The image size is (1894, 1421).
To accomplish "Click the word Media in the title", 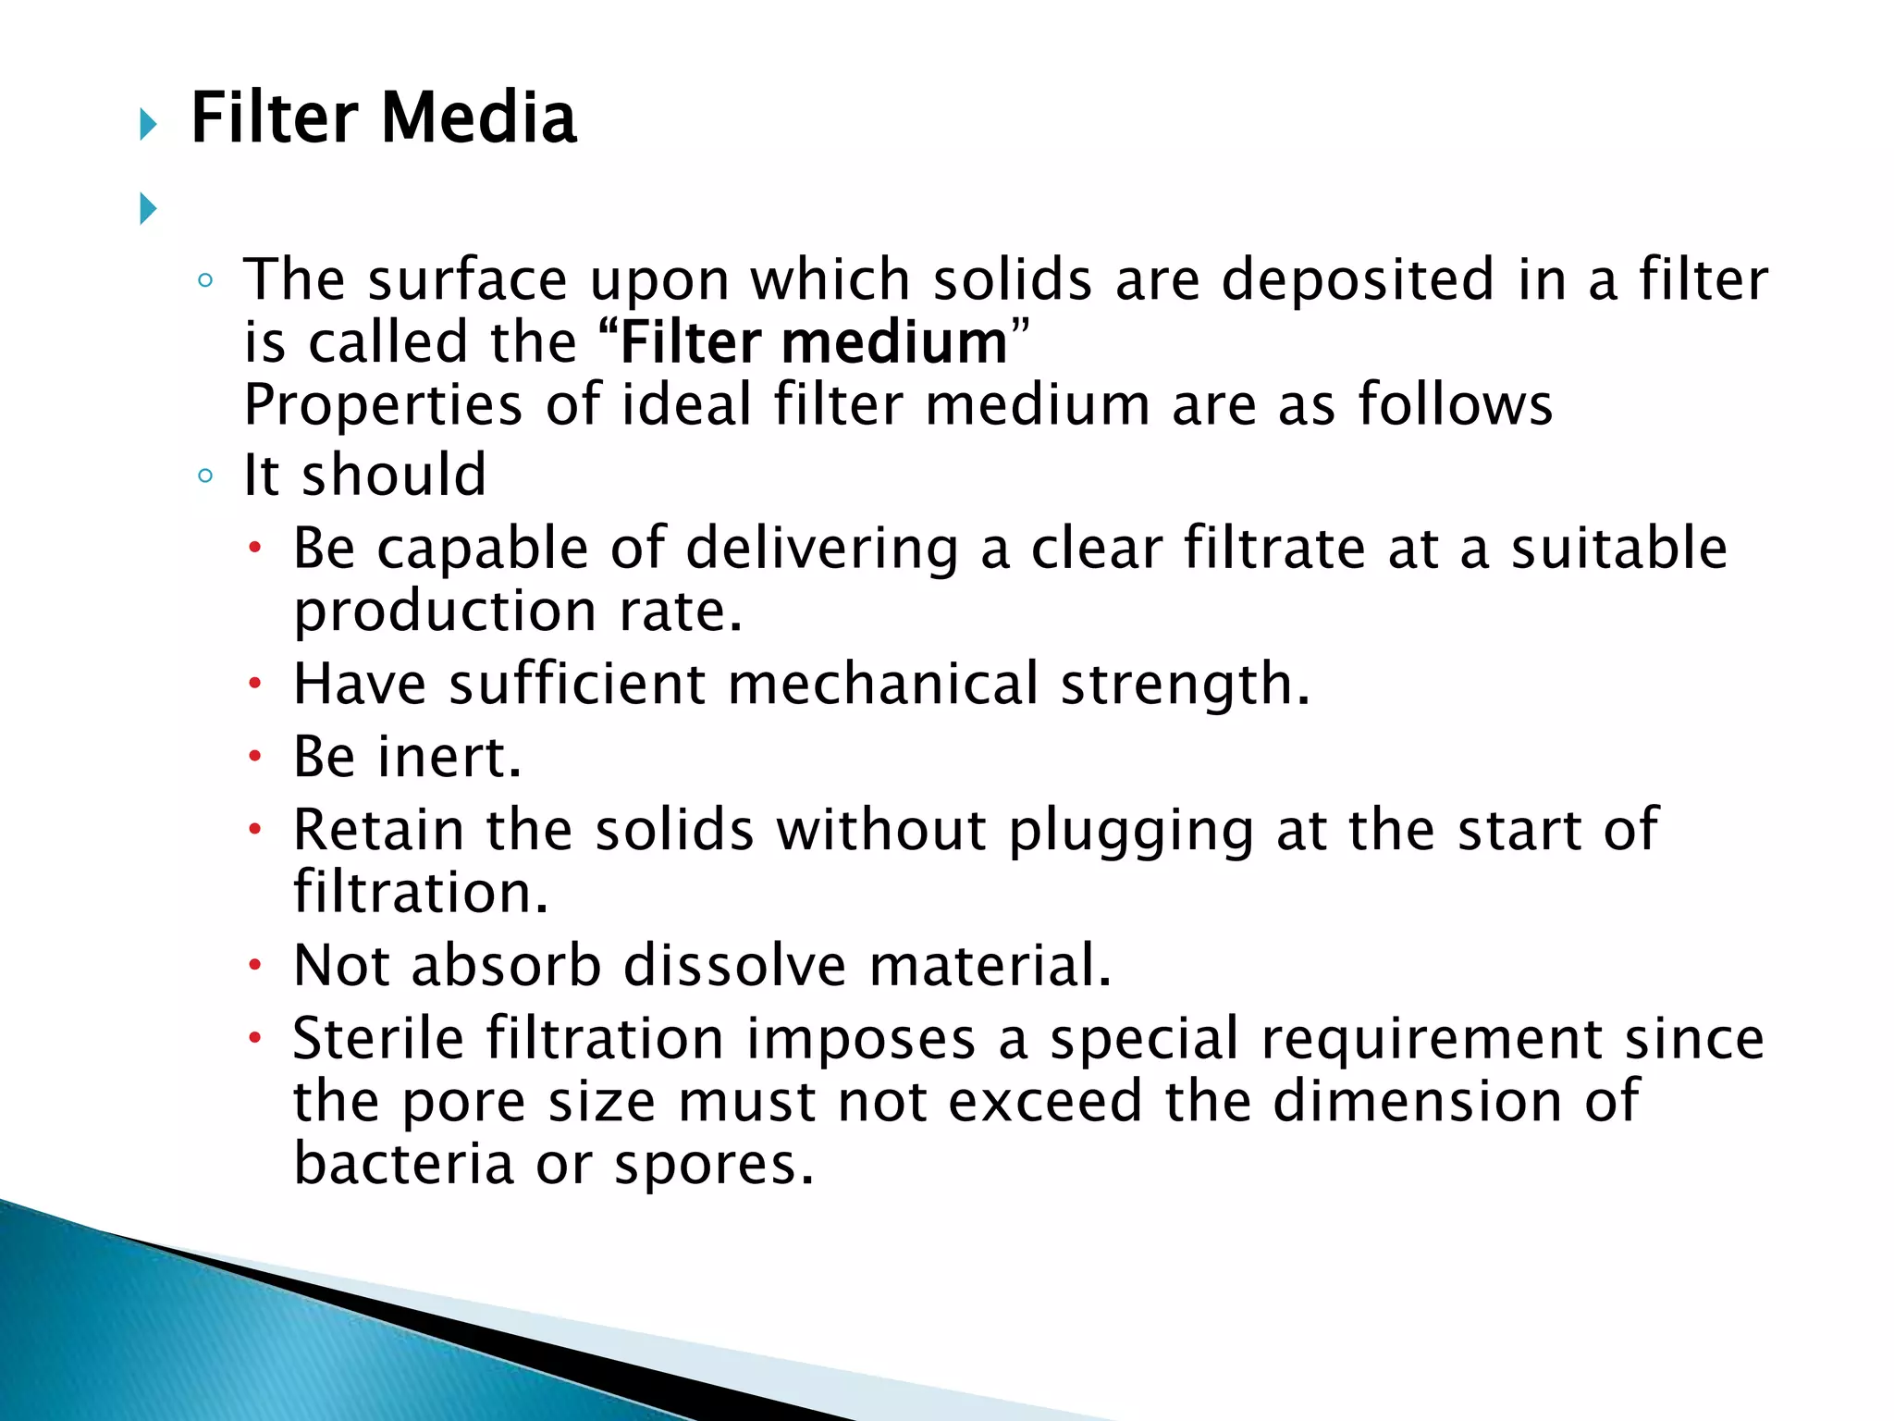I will coord(478,118).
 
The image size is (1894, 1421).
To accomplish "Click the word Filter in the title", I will coord(274,118).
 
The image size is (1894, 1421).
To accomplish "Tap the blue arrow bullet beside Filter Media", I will coord(148,123).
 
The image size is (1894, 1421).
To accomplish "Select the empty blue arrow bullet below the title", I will coord(148,208).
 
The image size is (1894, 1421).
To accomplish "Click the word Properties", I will coord(383,406).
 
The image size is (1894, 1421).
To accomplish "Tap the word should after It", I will coord(394,476).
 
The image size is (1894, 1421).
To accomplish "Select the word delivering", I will coord(821,548).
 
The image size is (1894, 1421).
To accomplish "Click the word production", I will coord(445,612).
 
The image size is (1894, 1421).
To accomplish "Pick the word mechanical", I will coord(883,684).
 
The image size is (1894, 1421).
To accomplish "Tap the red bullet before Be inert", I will coord(255,756).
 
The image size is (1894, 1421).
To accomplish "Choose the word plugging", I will coord(1130,831).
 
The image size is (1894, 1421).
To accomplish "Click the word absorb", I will coord(506,966).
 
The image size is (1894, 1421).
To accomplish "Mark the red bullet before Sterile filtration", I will coord(255,1037).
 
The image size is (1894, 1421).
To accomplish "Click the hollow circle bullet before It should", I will coord(205,476).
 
